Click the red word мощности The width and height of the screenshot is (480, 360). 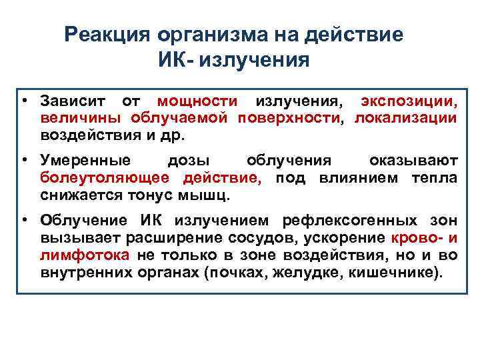tap(197, 102)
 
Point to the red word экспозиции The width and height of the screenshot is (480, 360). tap(409, 102)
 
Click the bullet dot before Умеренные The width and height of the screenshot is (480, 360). tap(23, 161)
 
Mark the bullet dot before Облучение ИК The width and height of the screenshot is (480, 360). tap(23, 221)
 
